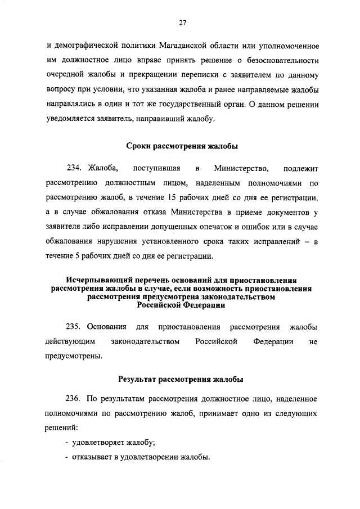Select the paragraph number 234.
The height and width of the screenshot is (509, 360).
(x=75, y=169)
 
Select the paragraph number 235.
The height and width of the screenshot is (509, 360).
(x=75, y=327)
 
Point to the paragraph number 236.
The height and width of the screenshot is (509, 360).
(x=75, y=399)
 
